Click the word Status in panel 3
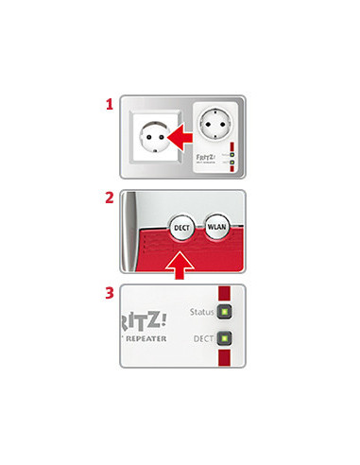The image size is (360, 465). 202,312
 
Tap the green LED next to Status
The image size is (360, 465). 225,312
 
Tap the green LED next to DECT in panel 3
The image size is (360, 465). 225,337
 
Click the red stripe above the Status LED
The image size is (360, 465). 225,294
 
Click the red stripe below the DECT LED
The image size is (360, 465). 225,357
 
